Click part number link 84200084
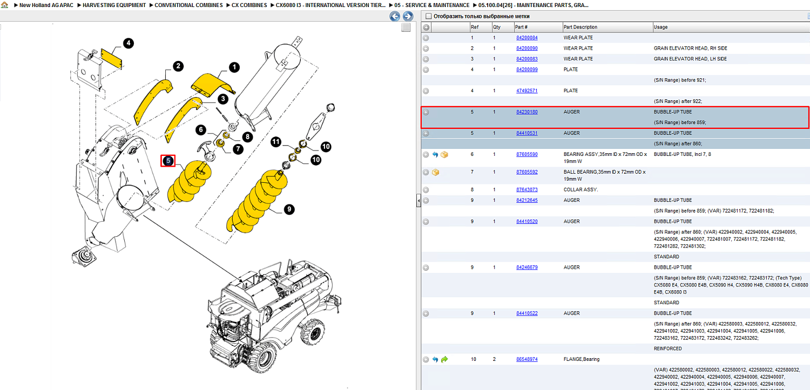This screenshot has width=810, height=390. [x=527, y=38]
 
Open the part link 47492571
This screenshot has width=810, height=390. [x=527, y=91]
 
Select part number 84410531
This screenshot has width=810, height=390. [x=527, y=133]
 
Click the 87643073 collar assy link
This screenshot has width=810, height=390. [x=527, y=189]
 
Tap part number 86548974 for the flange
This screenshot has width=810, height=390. [x=527, y=359]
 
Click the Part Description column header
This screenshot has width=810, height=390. [x=580, y=27]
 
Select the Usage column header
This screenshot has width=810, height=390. [x=660, y=27]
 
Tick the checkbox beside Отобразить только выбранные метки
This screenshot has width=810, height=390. [x=429, y=16]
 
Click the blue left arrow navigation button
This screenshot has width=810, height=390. [x=395, y=16]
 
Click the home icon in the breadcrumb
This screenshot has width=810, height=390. [x=4, y=5]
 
